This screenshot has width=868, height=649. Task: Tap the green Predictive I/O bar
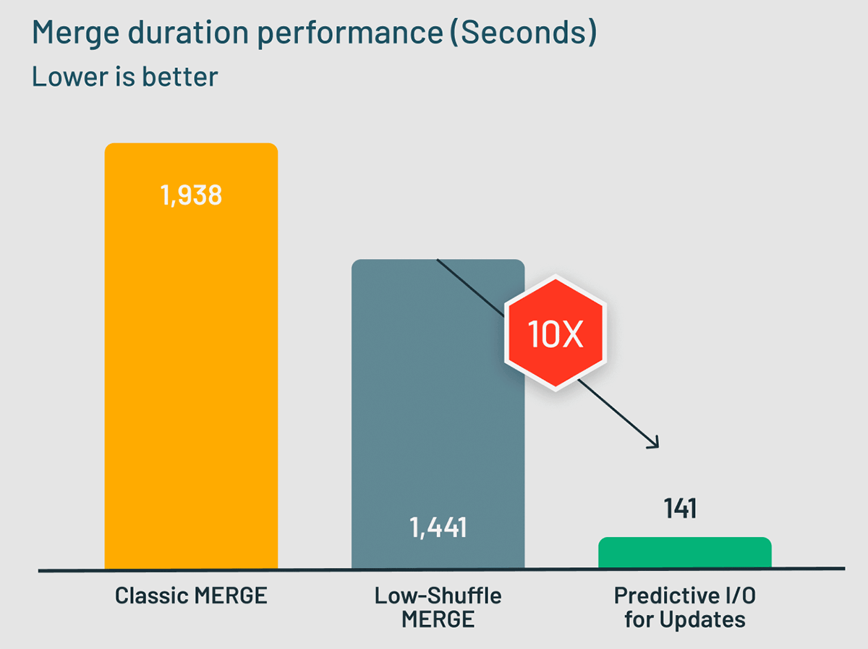685,553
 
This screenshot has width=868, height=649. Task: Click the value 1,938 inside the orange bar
191,195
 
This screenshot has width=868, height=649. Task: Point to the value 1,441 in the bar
438,527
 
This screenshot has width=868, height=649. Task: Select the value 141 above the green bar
680,508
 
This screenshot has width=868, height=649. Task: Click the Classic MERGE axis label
191,596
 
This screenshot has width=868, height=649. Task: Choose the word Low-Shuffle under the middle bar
438,596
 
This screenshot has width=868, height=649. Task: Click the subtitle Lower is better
124,76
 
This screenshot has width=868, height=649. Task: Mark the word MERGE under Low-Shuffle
438,620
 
